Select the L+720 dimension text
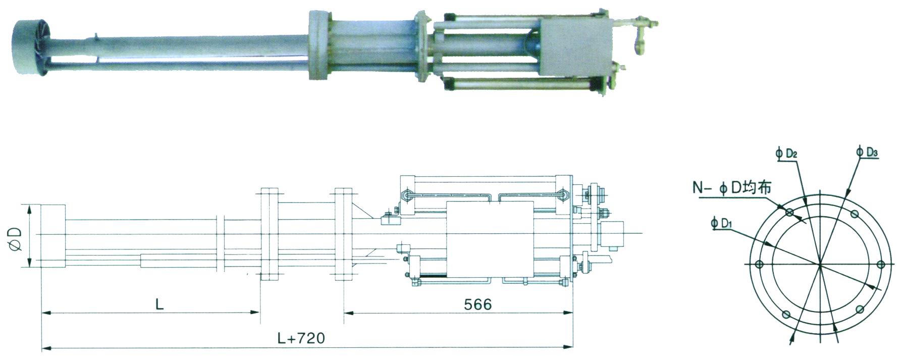pos(301,338)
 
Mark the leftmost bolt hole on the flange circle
pos(759,265)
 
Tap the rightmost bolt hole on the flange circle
pos(881,265)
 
